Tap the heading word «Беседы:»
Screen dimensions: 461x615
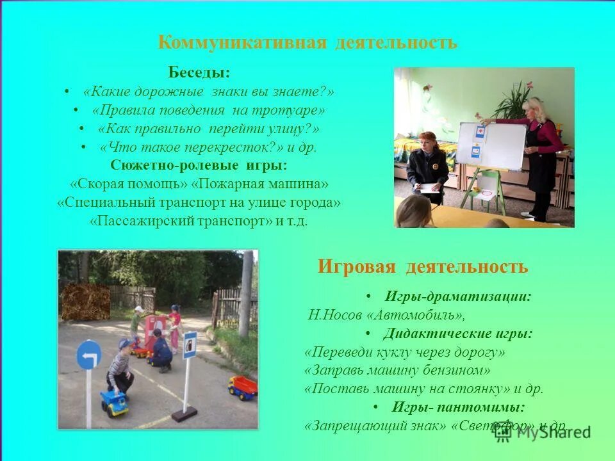199,72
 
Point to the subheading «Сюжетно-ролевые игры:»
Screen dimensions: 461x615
199,165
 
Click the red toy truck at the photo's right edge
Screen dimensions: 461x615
243,387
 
